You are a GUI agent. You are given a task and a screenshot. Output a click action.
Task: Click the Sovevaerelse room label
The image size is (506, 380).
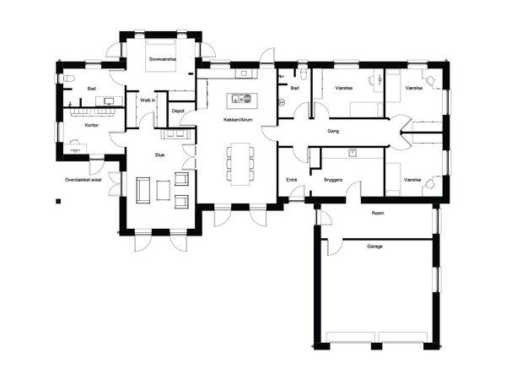pyautogui.click(x=163, y=59)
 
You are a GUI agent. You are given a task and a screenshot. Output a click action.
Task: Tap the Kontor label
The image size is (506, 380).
pyautogui.click(x=92, y=125)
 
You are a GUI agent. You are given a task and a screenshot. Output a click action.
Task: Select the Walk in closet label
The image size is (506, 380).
pyautogui.click(x=148, y=100)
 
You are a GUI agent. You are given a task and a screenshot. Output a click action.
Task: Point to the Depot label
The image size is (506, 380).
pyautogui.click(x=178, y=111)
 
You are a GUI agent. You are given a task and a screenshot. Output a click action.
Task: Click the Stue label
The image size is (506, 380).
pyautogui.click(x=159, y=155)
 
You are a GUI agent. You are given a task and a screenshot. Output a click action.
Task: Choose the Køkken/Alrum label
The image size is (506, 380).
pyautogui.click(x=238, y=120)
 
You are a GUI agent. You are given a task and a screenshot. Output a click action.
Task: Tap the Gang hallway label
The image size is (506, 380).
pyautogui.click(x=333, y=131)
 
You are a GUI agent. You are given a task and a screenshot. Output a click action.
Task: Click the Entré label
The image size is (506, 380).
pyautogui.click(x=292, y=180)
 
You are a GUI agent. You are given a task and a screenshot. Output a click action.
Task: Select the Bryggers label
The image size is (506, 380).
pyautogui.click(x=333, y=180)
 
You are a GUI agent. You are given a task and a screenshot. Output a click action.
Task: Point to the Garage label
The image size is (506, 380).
pyautogui.click(x=374, y=247)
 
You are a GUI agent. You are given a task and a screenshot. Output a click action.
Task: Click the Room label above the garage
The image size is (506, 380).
pyautogui.click(x=378, y=214)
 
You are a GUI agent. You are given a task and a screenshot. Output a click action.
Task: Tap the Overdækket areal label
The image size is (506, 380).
pyautogui.click(x=83, y=180)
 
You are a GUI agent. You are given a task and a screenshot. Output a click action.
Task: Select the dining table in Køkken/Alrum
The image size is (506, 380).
pyautogui.click(x=240, y=164)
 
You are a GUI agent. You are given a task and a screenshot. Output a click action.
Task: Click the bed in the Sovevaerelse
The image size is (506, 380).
pyautogui.click(x=161, y=55)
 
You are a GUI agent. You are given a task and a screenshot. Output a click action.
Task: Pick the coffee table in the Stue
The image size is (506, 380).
pyautogui.click(x=164, y=190)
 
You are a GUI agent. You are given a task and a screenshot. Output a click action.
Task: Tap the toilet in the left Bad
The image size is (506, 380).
pyautogui.click(x=69, y=79)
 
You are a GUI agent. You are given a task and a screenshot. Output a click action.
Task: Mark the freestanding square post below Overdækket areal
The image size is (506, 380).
pyautogui.click(x=58, y=201)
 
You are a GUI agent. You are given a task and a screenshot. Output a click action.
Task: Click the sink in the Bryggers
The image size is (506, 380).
pyautogui.click(x=353, y=153)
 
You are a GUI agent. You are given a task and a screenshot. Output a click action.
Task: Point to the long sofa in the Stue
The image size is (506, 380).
pyautogui.click(x=143, y=190)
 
